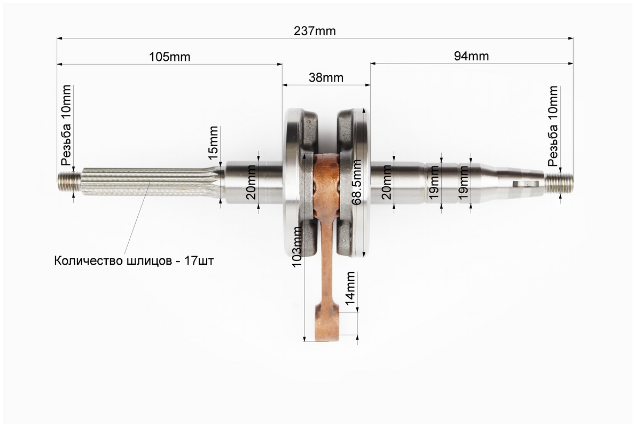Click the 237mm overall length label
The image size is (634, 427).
315,31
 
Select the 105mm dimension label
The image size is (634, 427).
170,57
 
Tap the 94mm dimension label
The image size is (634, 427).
471,56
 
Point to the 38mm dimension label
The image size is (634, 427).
326,77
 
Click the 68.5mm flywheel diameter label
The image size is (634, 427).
357,182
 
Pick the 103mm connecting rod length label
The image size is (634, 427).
297,246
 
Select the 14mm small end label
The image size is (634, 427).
350,288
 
